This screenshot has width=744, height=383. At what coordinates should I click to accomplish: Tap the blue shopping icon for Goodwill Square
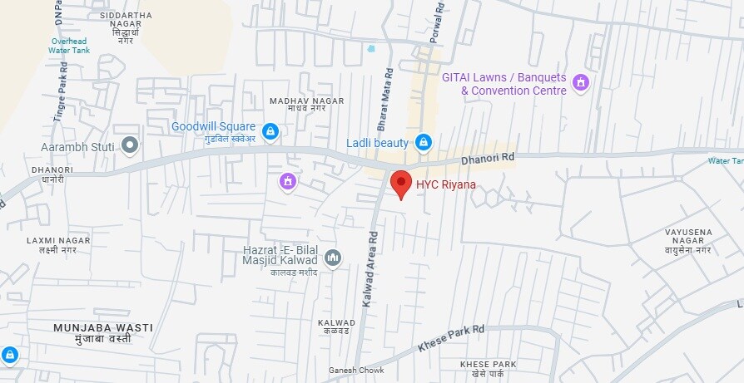coord(270,131)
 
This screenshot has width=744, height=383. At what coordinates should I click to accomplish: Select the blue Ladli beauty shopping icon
coord(424,143)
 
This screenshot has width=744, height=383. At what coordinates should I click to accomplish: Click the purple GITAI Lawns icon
coord(582,83)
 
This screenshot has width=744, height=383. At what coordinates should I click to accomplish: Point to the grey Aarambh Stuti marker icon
coord(129,147)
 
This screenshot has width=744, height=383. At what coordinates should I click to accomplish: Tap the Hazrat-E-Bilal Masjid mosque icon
coord(333,258)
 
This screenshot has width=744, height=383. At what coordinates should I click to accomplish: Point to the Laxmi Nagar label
coord(57,245)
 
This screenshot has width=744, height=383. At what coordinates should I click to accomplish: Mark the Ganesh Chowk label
coord(356,371)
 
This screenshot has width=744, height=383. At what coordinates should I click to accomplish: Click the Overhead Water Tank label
coord(69,45)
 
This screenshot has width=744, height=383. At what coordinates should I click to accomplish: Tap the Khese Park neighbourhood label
coord(489,369)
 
